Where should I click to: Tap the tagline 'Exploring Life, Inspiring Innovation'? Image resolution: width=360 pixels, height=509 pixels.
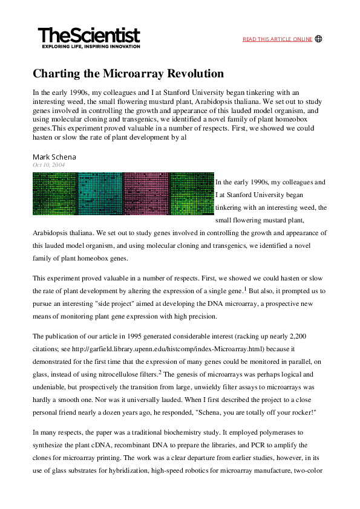90,47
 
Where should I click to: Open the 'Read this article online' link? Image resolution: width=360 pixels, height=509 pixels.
277,39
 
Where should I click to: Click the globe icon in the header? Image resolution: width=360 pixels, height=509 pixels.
319,39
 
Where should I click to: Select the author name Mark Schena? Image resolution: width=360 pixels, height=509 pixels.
54,157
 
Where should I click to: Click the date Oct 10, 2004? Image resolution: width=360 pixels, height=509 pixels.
49,165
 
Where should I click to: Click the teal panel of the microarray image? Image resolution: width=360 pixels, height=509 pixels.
100,193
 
